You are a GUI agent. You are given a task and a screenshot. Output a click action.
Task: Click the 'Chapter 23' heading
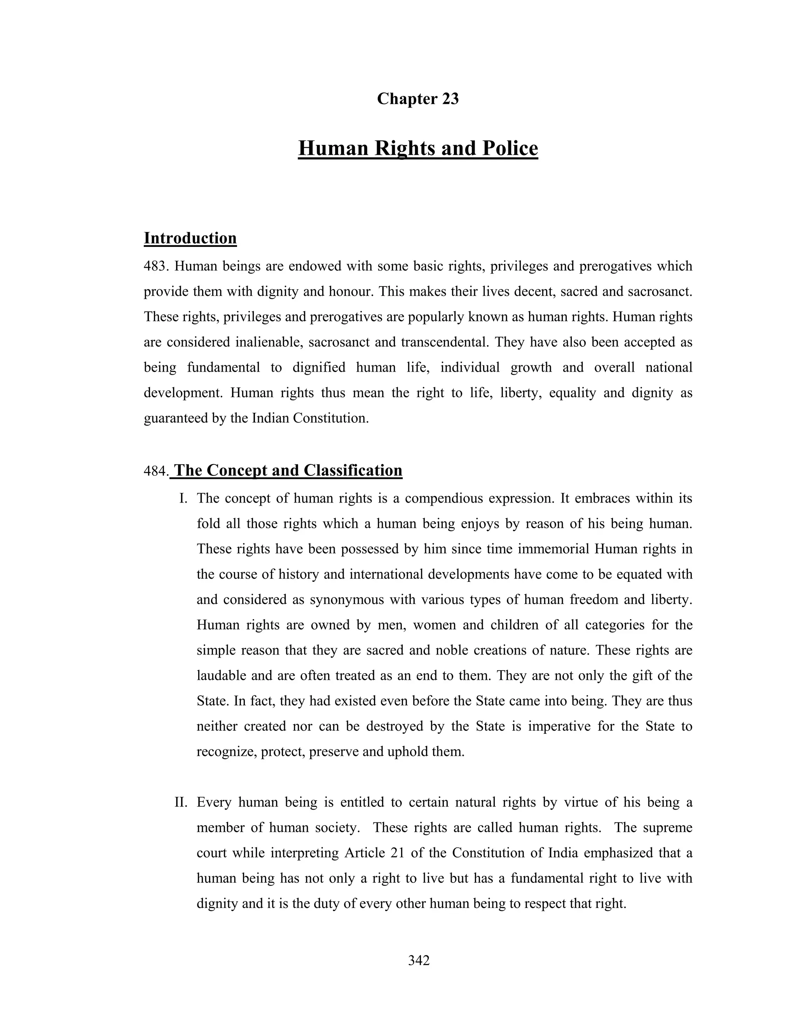coord(418,99)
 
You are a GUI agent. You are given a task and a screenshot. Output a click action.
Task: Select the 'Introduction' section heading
coord(190,238)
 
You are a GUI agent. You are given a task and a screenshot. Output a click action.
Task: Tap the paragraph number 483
coord(155,267)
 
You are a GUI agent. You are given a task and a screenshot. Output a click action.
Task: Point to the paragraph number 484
coord(155,471)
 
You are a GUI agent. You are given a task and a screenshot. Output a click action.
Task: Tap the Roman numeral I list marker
coord(183,499)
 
